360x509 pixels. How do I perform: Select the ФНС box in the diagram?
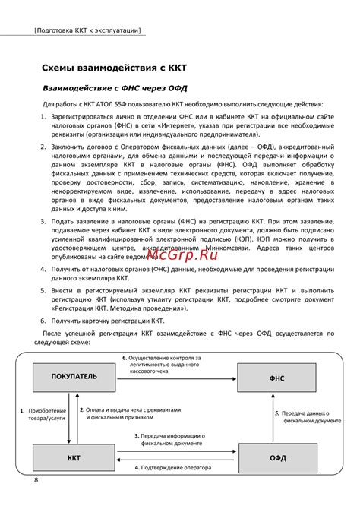[276, 376]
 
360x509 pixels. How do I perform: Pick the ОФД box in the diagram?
[276, 458]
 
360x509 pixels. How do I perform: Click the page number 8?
[36, 481]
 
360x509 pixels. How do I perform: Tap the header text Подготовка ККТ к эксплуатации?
[87, 31]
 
